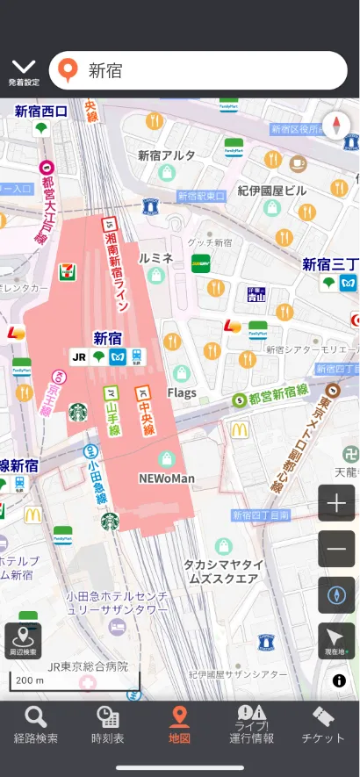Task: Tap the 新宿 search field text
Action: (105, 71)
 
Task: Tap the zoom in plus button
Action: (336, 504)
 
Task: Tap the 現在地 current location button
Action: (336, 641)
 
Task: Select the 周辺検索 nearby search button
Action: (23, 641)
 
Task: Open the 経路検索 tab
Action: (36, 726)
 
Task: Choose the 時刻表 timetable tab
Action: (107, 726)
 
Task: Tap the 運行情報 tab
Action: (251, 726)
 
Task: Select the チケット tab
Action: (323, 726)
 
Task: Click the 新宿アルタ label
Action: (167, 155)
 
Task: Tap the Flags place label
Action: (182, 392)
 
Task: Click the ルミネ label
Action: (156, 257)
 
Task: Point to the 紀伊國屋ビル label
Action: (272, 191)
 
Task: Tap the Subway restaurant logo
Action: (201, 263)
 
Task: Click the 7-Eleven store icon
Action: (68, 272)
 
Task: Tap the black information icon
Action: (339, 680)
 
